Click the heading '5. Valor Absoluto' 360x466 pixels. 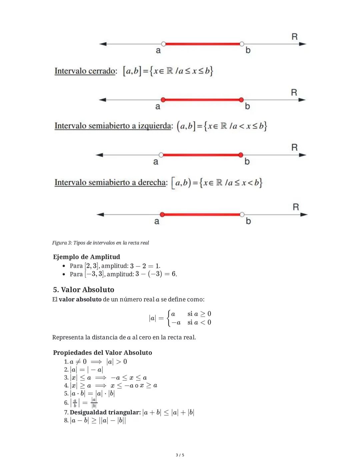(x=84, y=290)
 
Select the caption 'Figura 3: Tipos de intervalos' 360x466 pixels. (x=100, y=243)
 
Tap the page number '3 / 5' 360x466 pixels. (x=180, y=455)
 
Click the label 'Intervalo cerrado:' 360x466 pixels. (x=86, y=71)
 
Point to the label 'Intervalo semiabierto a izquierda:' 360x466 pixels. (x=114, y=126)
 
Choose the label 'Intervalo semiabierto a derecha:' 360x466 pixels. (x=111, y=182)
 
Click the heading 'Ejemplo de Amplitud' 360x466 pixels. (x=87, y=257)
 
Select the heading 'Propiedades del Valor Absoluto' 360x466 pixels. (x=102, y=353)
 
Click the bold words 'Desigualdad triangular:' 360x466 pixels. (x=105, y=412)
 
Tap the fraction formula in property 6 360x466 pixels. (x=84, y=403)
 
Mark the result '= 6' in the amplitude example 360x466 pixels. (x=171, y=274)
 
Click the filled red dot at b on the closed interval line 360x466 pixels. (x=241, y=100)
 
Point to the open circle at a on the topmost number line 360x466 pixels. (x=163, y=44)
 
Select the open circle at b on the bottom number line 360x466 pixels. (x=242, y=214)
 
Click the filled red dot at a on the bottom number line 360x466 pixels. (x=162, y=214)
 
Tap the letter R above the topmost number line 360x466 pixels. (x=294, y=37)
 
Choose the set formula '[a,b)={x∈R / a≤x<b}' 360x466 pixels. (x=217, y=182)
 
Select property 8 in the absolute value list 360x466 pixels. (x=95, y=420)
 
